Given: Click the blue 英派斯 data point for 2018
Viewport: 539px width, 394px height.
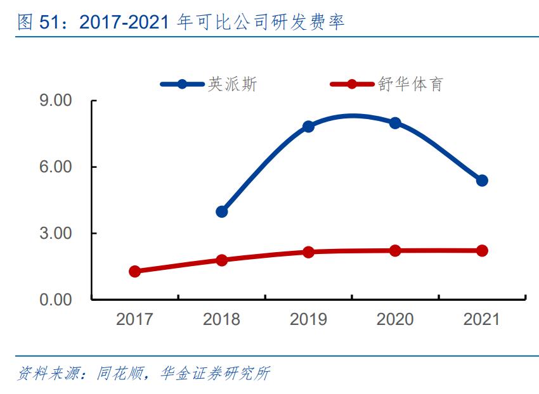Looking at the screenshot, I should coord(221,212).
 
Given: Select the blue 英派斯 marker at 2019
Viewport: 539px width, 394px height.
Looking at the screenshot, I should coord(308,127).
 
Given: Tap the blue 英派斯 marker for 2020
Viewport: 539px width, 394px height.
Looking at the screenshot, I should coord(395,123).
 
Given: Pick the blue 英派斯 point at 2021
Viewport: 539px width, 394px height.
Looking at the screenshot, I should coord(482,181).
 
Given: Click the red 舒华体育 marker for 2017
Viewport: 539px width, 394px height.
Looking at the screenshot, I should coord(134,271).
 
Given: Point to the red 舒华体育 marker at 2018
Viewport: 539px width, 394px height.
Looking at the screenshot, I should coord(221,260).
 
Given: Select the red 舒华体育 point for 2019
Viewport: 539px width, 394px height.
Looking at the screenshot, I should coord(308,252).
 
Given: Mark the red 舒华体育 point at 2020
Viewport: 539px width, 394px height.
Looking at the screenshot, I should coord(395,250).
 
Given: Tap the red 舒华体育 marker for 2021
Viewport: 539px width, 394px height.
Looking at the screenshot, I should coord(482,250).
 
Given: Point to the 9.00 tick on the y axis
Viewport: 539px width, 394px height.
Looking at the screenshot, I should coord(56,101).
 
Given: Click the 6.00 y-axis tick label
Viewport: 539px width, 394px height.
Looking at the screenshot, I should coord(56,167).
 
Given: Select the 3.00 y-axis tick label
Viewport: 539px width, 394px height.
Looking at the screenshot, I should coord(56,234).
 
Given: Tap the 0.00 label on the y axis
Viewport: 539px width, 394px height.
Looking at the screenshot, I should coord(56,300).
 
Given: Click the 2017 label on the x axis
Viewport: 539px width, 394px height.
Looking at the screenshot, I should coord(134,319).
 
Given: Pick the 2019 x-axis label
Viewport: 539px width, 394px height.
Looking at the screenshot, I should coord(308,319).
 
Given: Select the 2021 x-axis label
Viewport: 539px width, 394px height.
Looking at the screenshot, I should coord(482,319).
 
